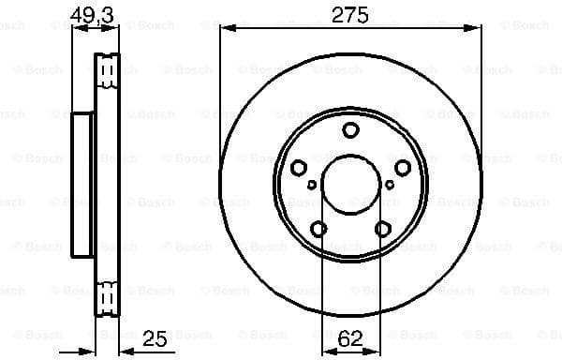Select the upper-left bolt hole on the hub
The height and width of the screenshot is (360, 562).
pyautogui.click(x=299, y=168)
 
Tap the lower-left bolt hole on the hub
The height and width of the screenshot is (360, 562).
pyautogui.click(x=318, y=228)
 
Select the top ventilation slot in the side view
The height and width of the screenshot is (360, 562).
pyautogui.click(x=108, y=70)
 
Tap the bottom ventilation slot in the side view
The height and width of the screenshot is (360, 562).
pyautogui.click(x=108, y=298)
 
